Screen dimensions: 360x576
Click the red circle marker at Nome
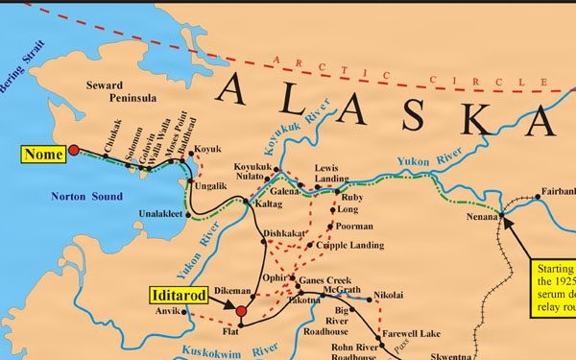click(x=73, y=150)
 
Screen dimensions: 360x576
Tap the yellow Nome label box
click(x=42, y=153)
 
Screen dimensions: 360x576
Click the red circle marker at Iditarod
click(x=241, y=311)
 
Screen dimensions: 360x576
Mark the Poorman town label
click(x=356, y=228)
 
